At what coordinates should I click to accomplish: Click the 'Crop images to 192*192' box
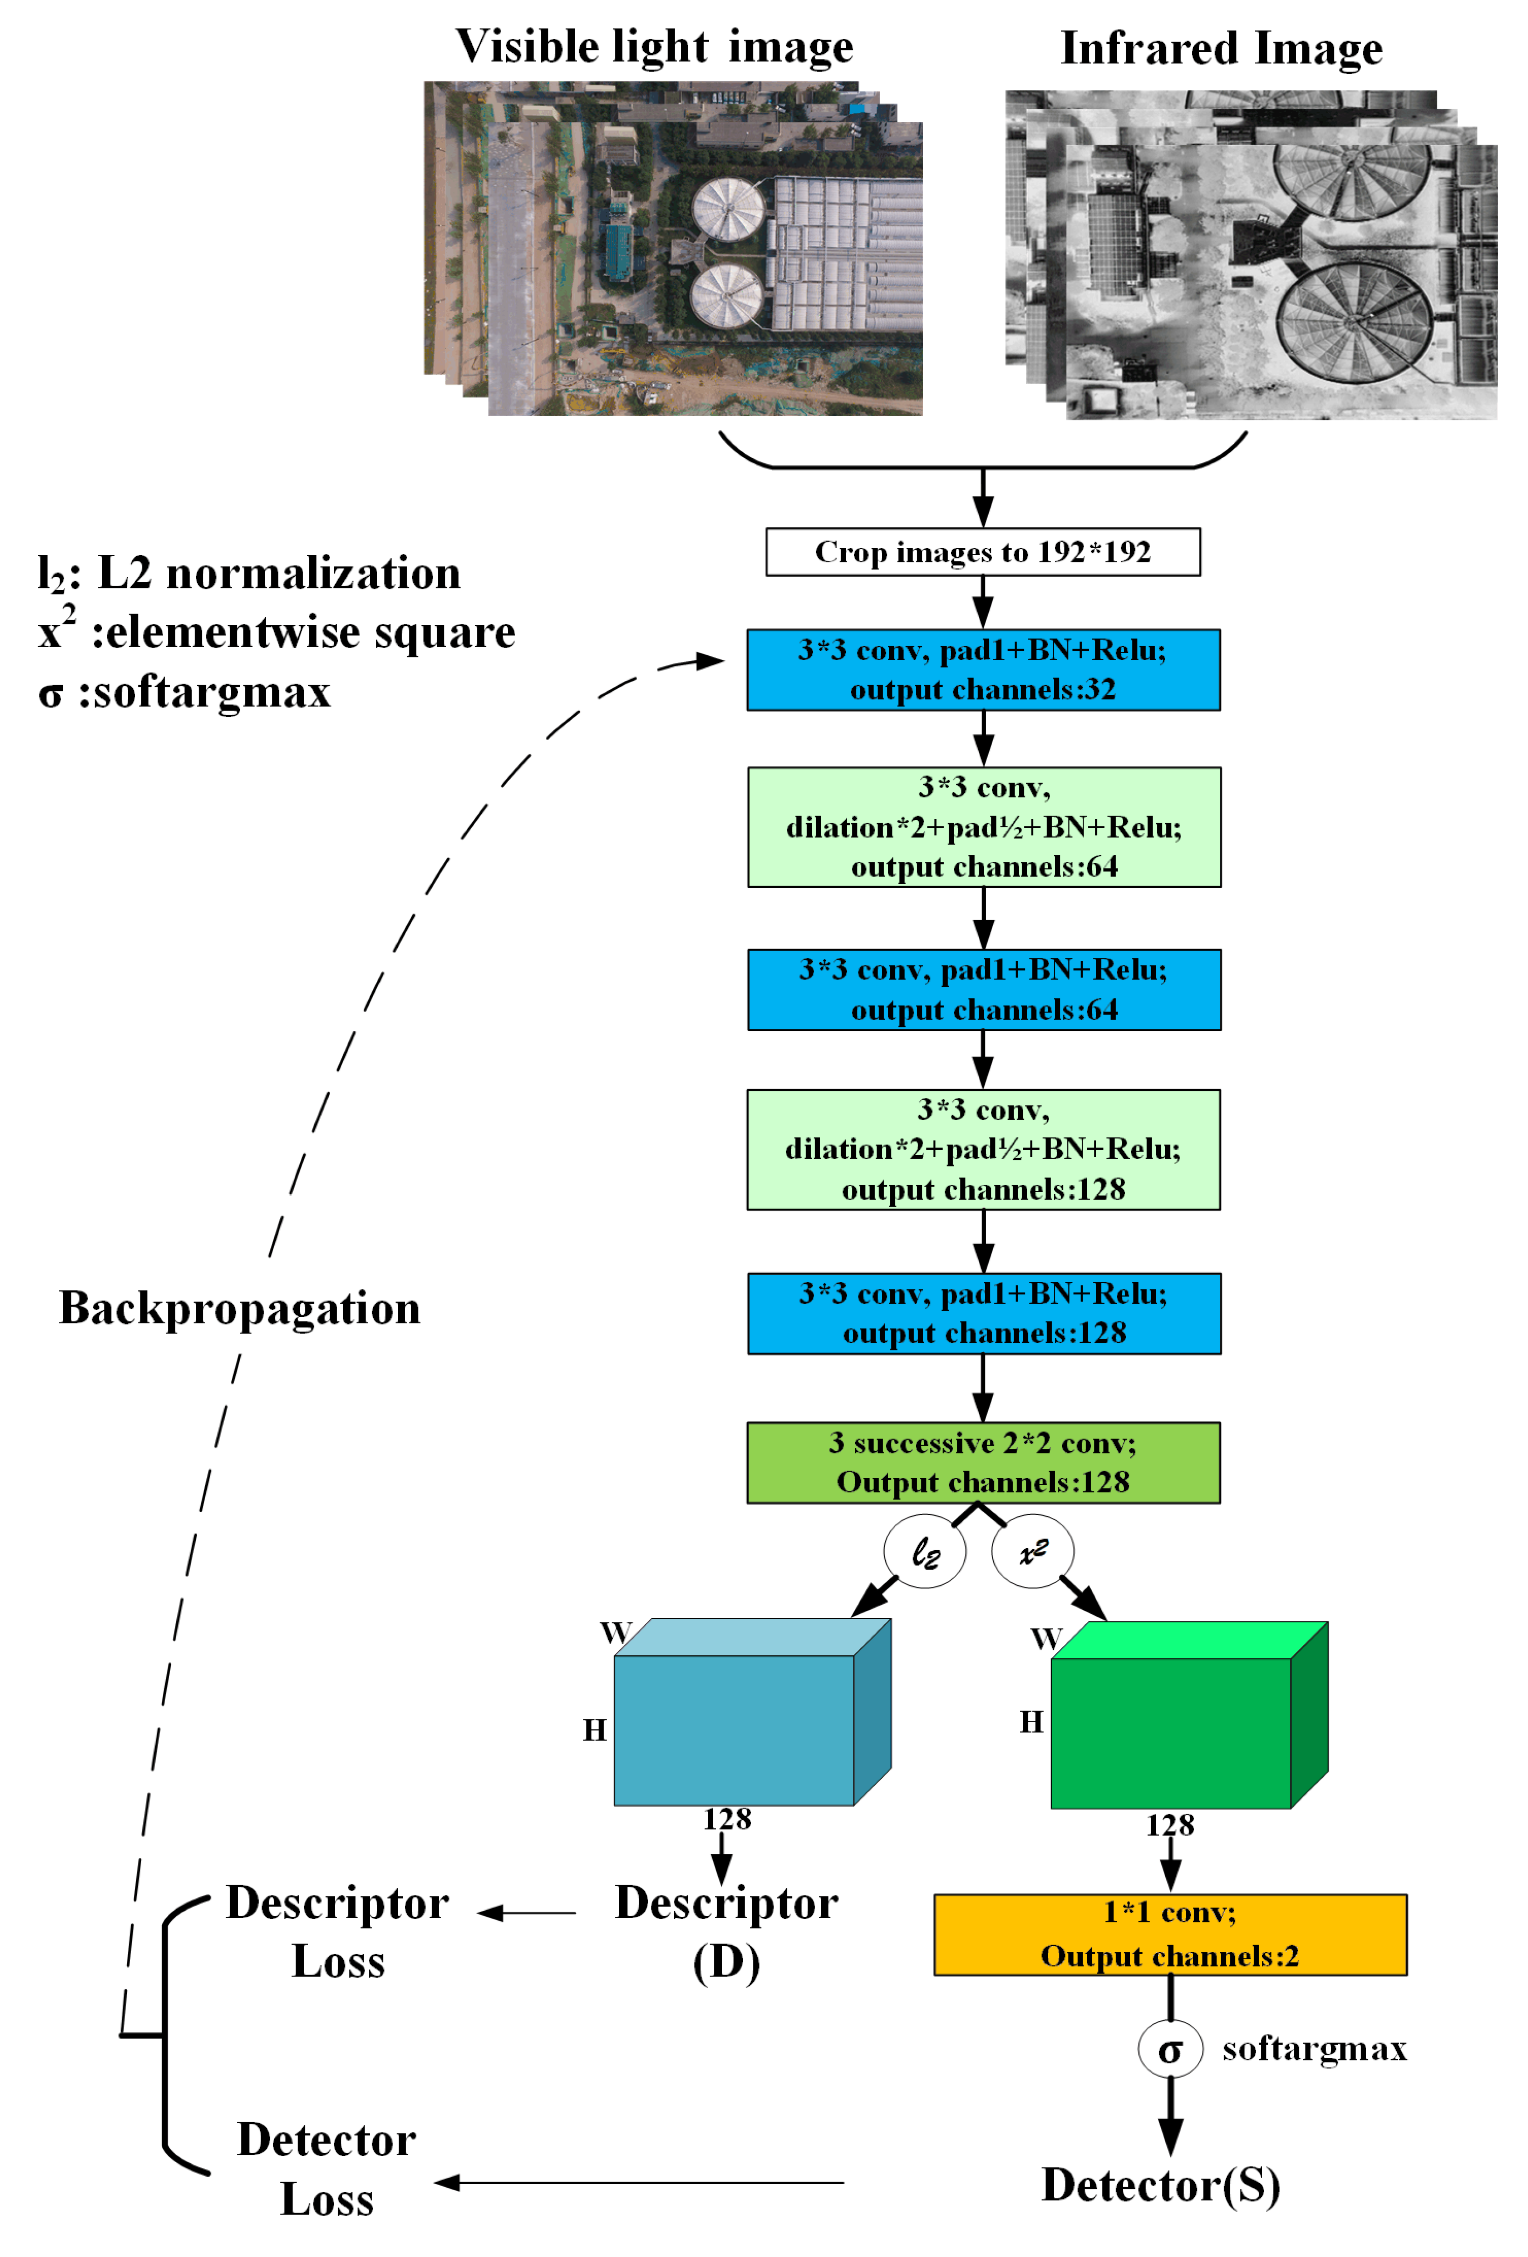(x=982, y=552)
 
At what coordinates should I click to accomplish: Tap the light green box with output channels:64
(x=983, y=826)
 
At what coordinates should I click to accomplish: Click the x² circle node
(x=1032, y=1551)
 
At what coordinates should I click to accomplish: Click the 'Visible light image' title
(x=654, y=47)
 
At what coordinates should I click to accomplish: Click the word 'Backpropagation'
(x=240, y=1307)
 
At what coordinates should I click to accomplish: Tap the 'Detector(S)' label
(x=1160, y=2185)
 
